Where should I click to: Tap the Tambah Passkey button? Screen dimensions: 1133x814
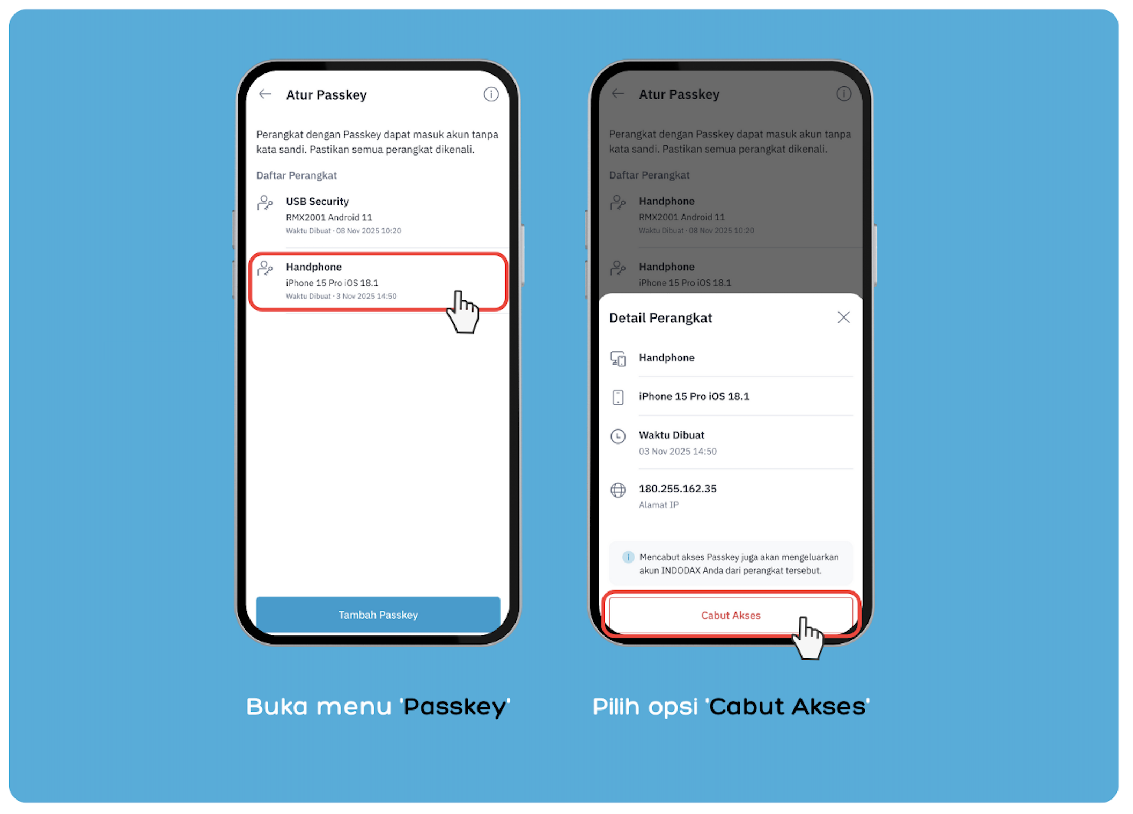[378, 615]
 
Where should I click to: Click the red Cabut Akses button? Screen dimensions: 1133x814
[731, 615]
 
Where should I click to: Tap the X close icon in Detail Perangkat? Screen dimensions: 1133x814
[843, 317]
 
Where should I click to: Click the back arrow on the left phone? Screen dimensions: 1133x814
[265, 94]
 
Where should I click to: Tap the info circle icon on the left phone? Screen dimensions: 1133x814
[491, 94]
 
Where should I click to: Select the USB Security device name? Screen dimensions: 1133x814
[317, 201]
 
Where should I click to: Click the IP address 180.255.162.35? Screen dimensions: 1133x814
[678, 489]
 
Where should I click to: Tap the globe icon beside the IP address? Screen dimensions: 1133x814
[618, 490]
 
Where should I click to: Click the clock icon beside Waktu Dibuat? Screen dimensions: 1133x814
[618, 436]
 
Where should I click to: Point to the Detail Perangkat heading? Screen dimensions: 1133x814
[660, 318]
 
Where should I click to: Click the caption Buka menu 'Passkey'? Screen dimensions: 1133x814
[378, 707]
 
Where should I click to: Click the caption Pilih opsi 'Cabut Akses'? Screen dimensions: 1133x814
[731, 707]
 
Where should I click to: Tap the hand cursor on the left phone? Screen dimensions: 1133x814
[462, 312]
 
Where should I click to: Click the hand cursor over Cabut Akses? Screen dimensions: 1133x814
[808, 638]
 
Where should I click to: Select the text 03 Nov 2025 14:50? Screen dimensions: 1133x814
[678, 452]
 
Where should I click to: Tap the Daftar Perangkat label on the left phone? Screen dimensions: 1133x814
[296, 175]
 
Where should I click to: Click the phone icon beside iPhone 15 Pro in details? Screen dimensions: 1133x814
[618, 397]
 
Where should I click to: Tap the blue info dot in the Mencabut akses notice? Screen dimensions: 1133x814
[628, 557]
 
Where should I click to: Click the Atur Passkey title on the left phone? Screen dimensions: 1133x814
[326, 95]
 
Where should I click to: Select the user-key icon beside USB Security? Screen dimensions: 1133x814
[265, 203]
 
